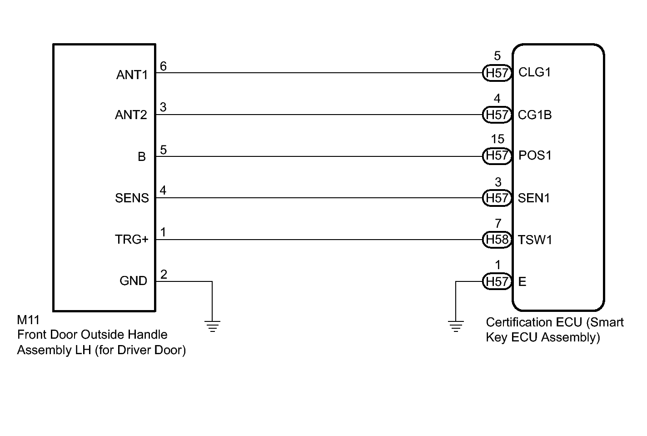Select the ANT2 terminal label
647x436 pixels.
(x=131, y=115)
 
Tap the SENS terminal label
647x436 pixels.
(x=132, y=198)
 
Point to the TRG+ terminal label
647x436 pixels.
(x=131, y=240)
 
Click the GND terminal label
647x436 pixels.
(x=133, y=281)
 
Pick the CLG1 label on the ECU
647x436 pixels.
(x=534, y=72)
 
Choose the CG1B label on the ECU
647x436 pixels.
(x=535, y=115)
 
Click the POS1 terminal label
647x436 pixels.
(x=535, y=155)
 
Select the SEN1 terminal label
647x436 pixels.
(x=534, y=198)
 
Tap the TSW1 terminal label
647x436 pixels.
(x=535, y=240)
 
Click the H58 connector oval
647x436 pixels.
(x=497, y=240)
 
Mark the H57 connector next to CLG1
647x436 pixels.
(x=497, y=73)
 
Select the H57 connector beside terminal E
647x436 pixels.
(x=497, y=281)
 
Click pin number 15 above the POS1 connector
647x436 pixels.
(x=498, y=139)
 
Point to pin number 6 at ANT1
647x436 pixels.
(x=163, y=66)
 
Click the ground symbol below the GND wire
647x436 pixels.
(x=212, y=326)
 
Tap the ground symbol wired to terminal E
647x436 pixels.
(x=456, y=326)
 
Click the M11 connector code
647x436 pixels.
(x=28, y=320)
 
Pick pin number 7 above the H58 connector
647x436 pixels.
(x=498, y=224)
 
